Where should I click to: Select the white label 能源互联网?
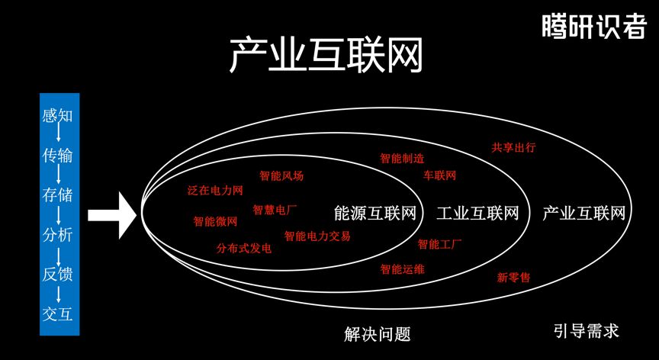click(x=375, y=213)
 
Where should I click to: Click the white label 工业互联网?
click(x=477, y=213)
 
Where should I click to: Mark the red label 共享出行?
click(x=513, y=146)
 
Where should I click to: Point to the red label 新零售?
click(x=513, y=278)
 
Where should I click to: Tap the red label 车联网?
click(x=439, y=176)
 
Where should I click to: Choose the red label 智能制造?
click(x=402, y=159)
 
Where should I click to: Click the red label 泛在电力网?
click(x=214, y=189)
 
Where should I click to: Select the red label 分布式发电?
click(x=243, y=249)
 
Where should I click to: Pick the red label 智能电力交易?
click(x=317, y=236)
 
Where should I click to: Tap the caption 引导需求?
click(x=586, y=331)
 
